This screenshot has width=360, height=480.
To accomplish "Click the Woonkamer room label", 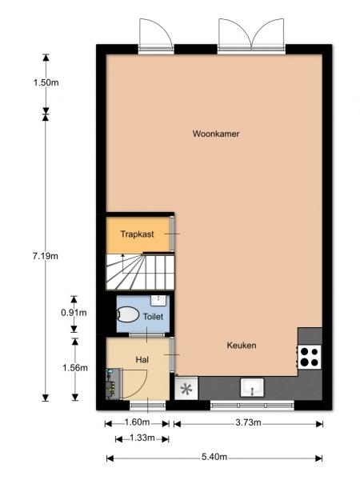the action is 216,134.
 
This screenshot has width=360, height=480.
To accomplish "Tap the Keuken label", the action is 242,346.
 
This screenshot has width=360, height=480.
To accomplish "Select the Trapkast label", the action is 137,234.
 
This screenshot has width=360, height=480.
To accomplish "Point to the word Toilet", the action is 153,317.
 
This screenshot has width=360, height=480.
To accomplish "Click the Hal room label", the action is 142,360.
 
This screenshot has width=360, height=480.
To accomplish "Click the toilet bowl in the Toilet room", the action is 128,314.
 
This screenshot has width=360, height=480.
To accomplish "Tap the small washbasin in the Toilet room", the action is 158,300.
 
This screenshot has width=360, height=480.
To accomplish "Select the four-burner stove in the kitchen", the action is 309,358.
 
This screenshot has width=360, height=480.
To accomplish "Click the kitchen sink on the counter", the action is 252,387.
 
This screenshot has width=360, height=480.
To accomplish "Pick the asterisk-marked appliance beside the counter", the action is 186,388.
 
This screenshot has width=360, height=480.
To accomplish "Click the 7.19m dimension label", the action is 46,256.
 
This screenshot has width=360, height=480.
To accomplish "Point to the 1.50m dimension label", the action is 46,82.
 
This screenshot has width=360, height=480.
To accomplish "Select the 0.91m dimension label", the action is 74,313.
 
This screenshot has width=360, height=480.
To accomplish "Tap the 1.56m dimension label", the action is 75,368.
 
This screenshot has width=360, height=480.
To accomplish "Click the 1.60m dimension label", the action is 137,422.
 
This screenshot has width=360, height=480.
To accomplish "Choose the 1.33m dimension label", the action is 142,438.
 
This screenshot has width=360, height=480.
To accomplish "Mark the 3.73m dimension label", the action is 248,422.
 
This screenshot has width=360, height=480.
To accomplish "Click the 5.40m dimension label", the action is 214,457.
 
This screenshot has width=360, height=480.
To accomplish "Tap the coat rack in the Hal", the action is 111,384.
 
